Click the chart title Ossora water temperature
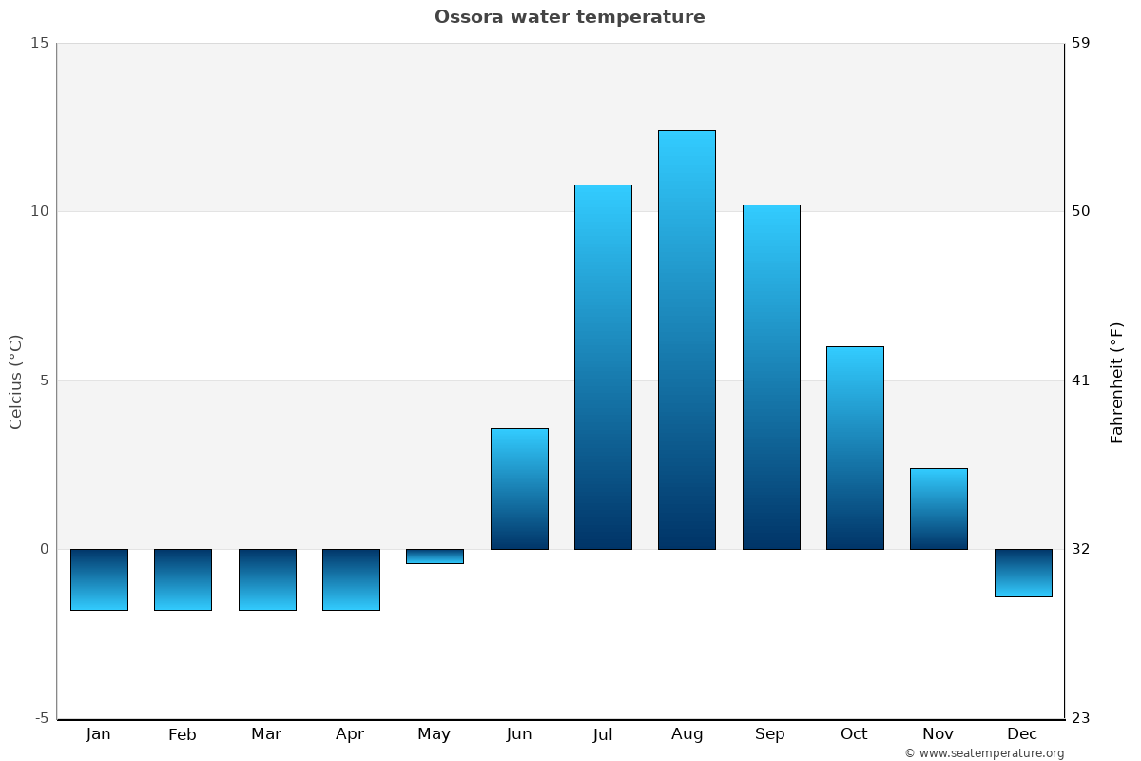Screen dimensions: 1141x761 570,17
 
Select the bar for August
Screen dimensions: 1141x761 687,340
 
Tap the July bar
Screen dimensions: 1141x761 603,367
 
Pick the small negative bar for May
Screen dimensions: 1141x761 435,556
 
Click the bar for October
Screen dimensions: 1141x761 855,448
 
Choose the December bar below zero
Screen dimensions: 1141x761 1023,573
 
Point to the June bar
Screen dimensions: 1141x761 519,489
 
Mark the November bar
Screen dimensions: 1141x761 938,509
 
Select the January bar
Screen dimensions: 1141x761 99,579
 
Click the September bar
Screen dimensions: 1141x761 771,378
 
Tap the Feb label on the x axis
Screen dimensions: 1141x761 183,734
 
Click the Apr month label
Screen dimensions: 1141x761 350,734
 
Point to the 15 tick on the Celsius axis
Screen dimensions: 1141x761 40,43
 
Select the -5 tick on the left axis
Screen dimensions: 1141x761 42,718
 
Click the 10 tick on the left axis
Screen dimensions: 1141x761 40,211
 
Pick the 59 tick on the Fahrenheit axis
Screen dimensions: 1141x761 1081,43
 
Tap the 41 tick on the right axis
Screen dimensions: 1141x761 1081,380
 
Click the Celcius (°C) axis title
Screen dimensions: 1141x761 15,382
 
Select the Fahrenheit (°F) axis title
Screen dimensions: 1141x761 1116,383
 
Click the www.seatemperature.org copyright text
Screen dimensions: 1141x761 985,752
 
